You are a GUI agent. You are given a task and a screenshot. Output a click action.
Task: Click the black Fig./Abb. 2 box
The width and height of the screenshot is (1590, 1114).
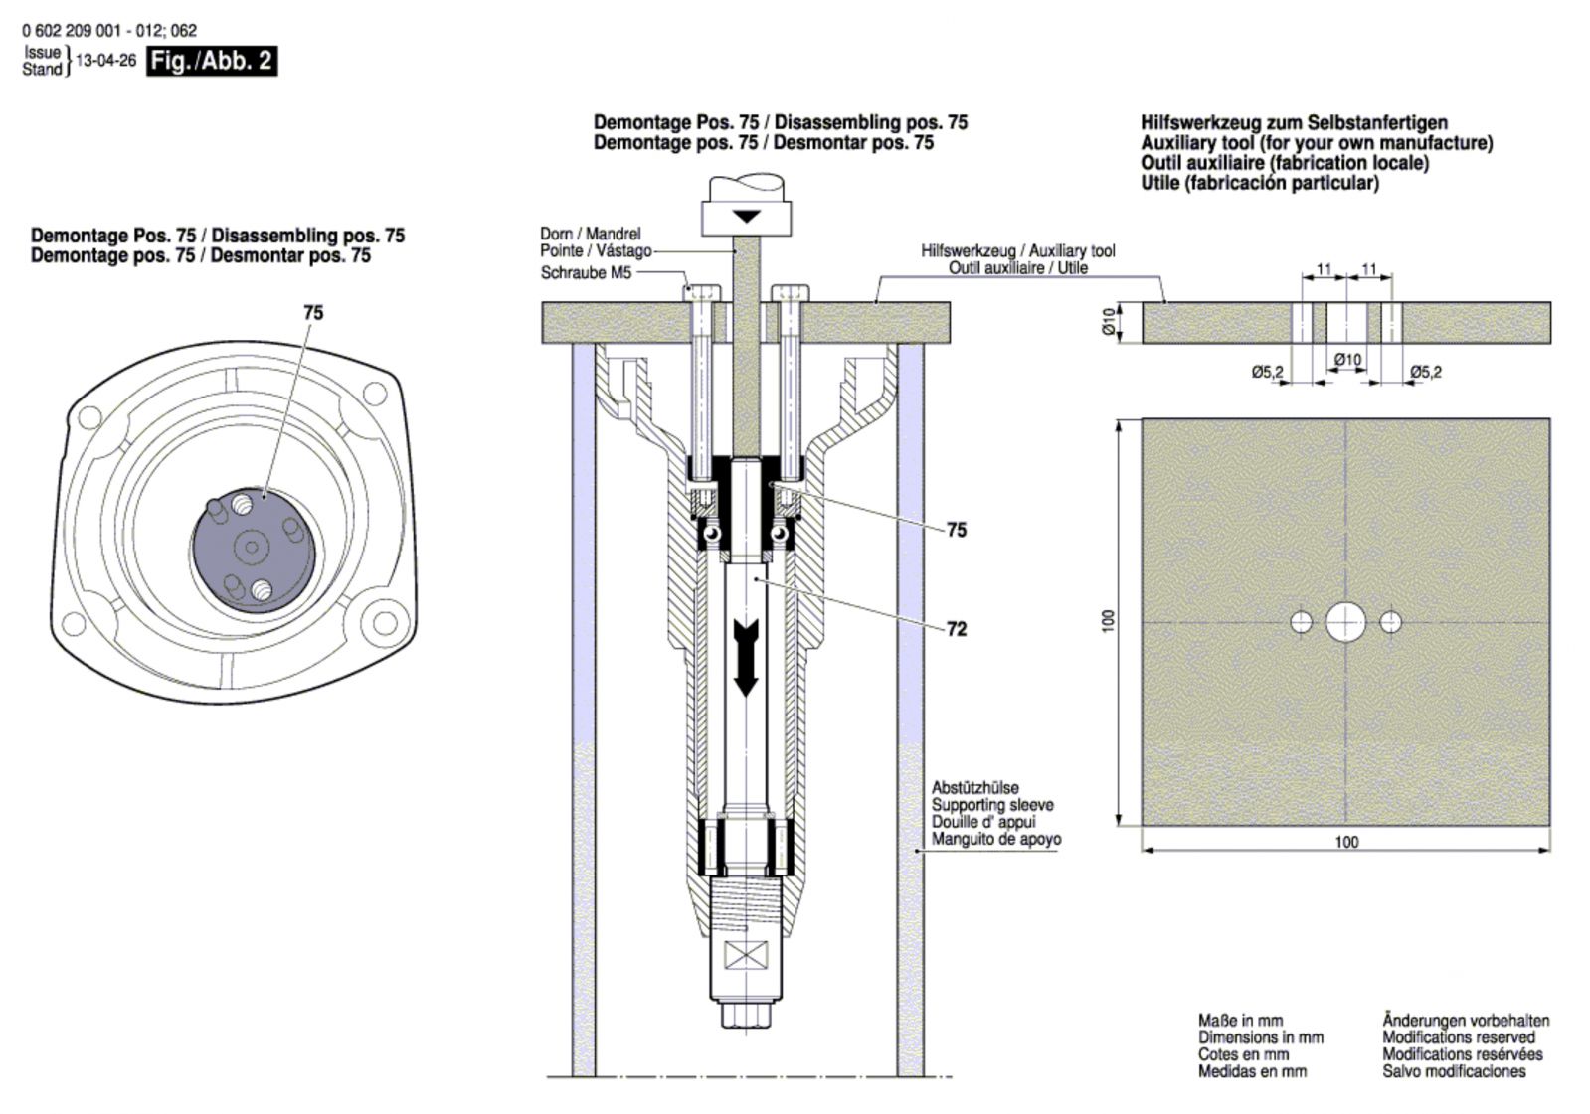point(211,61)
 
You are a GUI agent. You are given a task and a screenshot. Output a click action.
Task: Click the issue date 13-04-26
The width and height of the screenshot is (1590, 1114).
point(105,61)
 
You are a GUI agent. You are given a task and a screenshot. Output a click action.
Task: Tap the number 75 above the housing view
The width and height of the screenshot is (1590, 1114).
point(313,312)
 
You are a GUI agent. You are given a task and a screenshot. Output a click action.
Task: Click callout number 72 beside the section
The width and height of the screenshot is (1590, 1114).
point(956,629)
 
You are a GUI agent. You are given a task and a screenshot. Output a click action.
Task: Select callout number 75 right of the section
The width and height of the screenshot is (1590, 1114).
point(956,530)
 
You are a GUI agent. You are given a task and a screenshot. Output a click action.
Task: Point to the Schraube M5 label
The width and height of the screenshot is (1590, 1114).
point(586,272)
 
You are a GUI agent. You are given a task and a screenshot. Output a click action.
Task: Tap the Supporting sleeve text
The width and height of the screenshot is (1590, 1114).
point(992,805)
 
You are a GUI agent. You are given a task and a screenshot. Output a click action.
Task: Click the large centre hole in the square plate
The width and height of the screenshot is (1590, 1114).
point(1345,622)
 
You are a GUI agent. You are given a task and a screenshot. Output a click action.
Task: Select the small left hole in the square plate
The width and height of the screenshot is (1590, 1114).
point(1302,622)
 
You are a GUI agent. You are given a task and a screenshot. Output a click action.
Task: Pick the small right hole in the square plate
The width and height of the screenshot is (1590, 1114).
point(1390,622)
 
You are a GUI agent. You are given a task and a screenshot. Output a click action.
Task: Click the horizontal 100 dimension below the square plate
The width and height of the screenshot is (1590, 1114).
point(1345,842)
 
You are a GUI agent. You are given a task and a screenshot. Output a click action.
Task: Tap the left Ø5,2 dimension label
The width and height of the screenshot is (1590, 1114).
point(1268,372)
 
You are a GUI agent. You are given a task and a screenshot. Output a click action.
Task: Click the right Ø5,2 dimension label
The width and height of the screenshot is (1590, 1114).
point(1425,372)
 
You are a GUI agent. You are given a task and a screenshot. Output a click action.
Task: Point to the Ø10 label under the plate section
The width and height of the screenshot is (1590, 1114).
point(1346,359)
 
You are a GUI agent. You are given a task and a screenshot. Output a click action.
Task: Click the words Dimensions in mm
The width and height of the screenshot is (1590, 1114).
point(1260,1037)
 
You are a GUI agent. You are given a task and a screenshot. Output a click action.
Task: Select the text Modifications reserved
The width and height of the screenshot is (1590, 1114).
point(1458,1037)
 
